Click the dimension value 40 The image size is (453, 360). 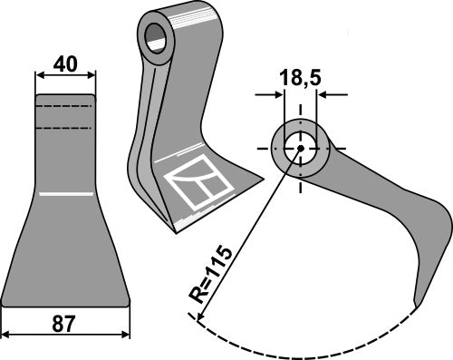pos(65,64)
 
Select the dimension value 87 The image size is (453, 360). pos(65,322)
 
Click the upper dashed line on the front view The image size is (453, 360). pos(65,107)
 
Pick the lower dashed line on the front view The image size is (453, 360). pos(65,128)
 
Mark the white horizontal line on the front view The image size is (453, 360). pos(65,194)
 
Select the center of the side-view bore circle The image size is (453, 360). pos(299,148)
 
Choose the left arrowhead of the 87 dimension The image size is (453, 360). pos(5,336)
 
